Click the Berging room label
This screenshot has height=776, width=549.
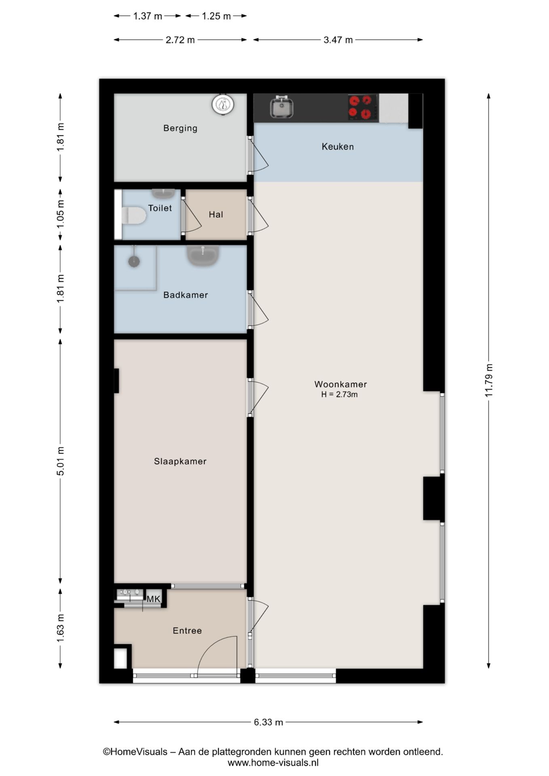(x=180, y=129)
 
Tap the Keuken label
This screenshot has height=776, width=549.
(x=338, y=147)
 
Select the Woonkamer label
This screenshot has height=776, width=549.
(x=340, y=384)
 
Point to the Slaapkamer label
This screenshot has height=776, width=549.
(x=180, y=462)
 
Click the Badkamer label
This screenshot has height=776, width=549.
(x=186, y=295)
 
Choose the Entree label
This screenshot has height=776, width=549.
(x=187, y=630)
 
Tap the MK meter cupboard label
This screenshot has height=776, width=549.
(x=154, y=599)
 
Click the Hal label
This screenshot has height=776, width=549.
(x=216, y=215)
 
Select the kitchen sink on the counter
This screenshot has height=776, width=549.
(x=282, y=108)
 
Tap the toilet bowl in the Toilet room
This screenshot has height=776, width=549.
(x=133, y=215)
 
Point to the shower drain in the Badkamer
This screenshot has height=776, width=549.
(x=134, y=261)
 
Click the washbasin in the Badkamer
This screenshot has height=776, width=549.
(x=203, y=256)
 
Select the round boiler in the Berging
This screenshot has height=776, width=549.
(x=223, y=105)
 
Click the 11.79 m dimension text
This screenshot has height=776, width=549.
(x=489, y=380)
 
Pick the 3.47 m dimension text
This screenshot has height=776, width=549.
(x=338, y=40)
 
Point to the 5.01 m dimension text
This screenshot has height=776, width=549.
(x=61, y=461)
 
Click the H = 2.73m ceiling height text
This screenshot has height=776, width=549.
(x=340, y=394)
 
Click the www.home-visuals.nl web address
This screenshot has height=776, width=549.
(x=273, y=763)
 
